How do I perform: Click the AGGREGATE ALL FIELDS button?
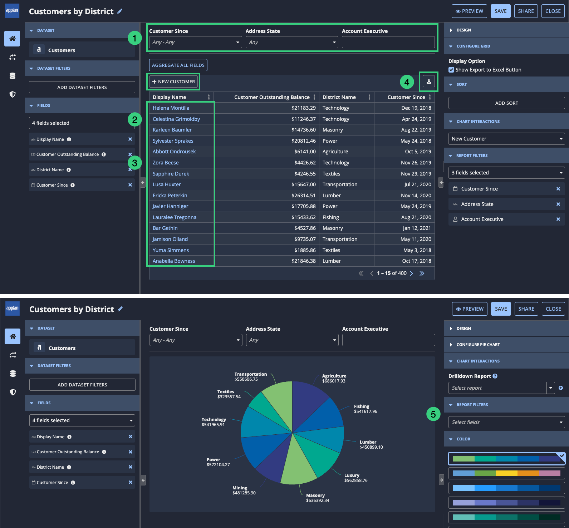click(178, 65)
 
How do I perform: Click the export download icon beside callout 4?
click(429, 82)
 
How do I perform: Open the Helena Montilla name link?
click(171, 108)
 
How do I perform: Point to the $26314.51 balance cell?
click(304, 196)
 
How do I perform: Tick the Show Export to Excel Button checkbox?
click(451, 70)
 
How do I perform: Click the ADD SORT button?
click(506, 103)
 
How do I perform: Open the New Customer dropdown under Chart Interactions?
click(506, 139)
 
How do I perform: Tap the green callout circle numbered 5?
click(433, 414)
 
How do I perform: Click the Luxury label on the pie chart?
click(352, 475)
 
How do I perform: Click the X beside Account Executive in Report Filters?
click(558, 219)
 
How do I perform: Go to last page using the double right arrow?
click(422, 273)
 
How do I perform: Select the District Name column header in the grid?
click(339, 97)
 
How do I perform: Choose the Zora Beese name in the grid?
click(166, 163)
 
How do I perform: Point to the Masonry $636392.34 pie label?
click(318, 498)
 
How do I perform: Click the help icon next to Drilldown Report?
click(495, 376)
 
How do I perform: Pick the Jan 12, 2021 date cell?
click(417, 228)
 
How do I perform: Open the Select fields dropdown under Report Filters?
click(506, 422)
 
